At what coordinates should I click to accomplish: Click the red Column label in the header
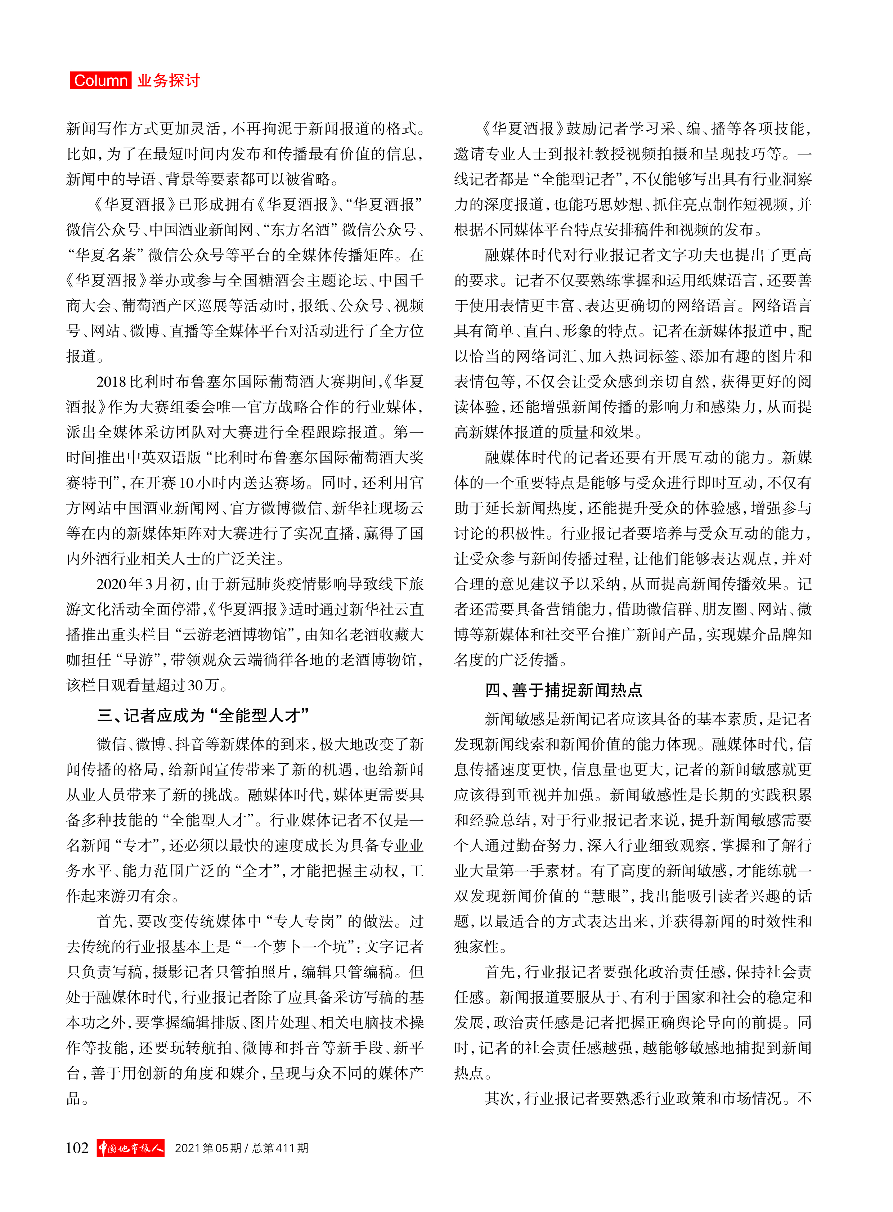coord(100,81)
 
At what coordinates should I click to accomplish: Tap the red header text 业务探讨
coord(169,81)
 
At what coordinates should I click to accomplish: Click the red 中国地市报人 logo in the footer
coord(131,1148)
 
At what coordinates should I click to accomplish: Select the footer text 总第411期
coord(280,1148)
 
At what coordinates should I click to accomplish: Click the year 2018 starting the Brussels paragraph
coord(111,382)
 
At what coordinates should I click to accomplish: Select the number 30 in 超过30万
coord(195,685)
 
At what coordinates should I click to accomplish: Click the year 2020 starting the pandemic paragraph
coord(111,584)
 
